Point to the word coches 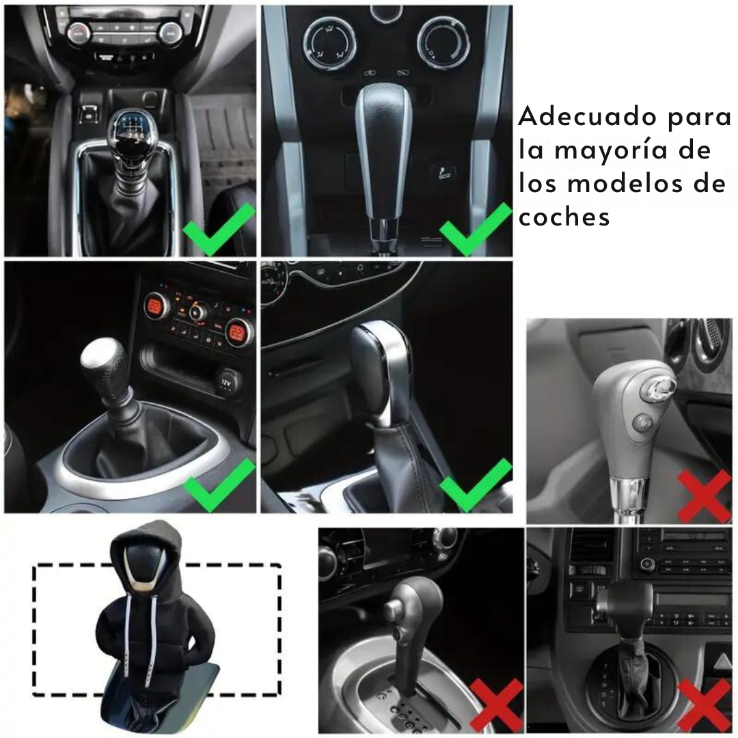point(564,217)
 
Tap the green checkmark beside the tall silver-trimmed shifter point(476,230)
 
